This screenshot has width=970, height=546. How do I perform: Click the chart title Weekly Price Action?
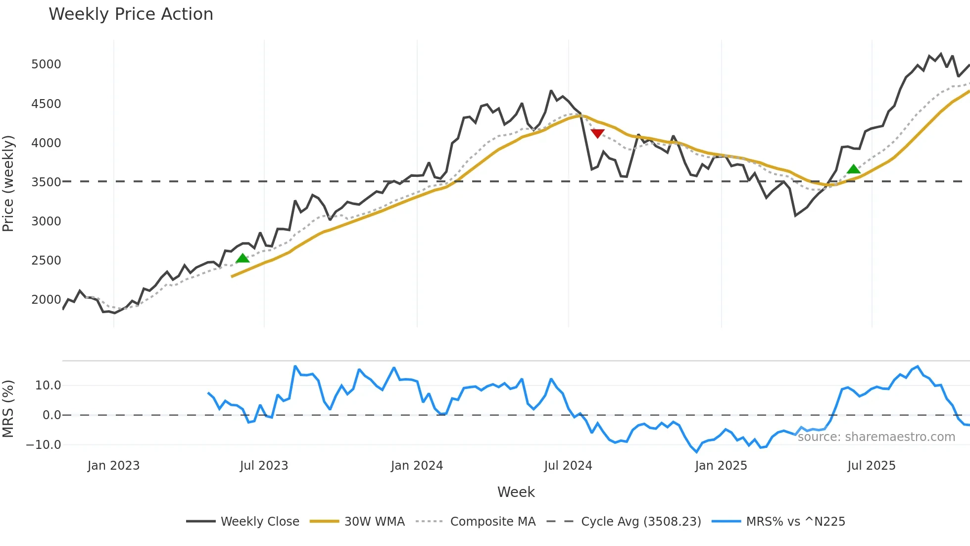131,14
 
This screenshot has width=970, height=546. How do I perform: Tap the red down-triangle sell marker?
597,134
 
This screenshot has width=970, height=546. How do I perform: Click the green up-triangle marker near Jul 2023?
242,258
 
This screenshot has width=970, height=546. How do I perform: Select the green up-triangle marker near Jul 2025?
853,169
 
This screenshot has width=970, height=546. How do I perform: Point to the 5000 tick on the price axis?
46,64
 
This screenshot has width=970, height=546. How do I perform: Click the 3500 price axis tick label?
46,182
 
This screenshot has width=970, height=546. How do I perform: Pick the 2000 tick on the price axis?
46,300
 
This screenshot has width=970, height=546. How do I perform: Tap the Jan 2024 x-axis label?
417,466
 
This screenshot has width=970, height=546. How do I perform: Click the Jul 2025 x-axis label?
871,466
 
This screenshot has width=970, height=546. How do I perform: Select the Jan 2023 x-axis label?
113,466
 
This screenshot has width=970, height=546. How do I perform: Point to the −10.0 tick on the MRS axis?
44,445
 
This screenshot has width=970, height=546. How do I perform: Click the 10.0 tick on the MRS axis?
48,385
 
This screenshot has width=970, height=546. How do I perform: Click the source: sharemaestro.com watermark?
876,437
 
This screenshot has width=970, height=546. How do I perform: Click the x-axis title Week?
516,492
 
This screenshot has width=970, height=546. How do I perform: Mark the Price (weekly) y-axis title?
8,183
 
